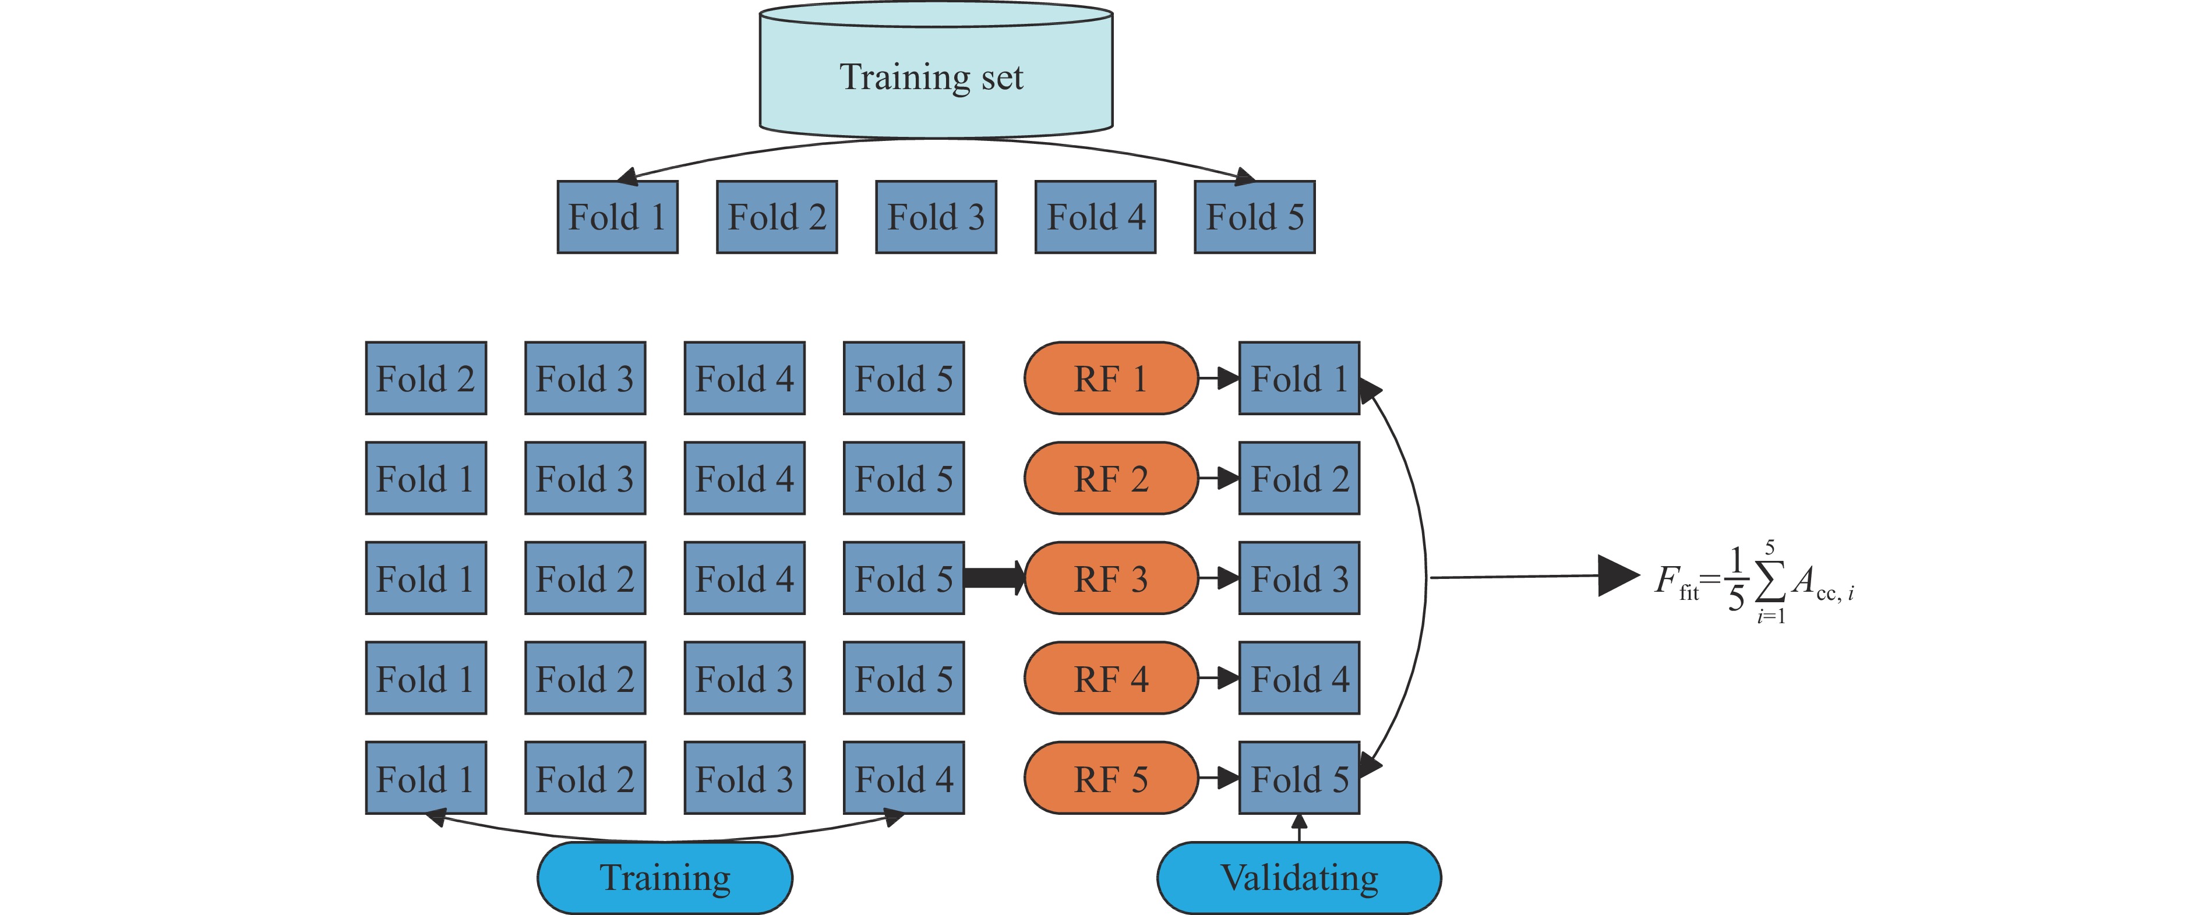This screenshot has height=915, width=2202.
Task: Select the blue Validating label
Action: [1298, 877]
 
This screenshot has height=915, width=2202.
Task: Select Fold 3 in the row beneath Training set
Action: [936, 217]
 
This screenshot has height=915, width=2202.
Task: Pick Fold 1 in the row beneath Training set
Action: [617, 217]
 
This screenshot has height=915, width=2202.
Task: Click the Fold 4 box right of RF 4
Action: [1299, 679]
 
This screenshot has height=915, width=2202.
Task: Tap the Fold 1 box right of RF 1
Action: [1299, 379]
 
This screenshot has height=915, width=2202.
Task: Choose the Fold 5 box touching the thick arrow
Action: [904, 578]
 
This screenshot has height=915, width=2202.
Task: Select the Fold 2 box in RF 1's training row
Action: [426, 379]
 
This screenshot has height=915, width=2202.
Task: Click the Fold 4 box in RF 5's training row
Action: [904, 778]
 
